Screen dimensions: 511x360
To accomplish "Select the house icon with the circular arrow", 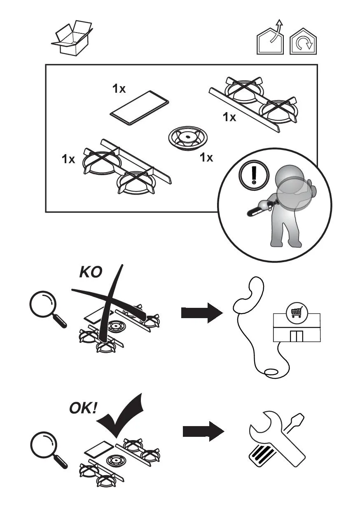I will click(x=303, y=42).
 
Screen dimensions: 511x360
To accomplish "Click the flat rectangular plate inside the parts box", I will click(x=140, y=107).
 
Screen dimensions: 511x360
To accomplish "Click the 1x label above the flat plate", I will click(x=119, y=88).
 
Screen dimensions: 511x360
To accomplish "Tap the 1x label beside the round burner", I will click(x=206, y=157).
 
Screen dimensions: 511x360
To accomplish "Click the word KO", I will click(x=90, y=272).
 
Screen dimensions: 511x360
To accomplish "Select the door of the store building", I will click(x=296, y=336).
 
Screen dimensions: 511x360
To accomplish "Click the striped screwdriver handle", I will click(x=260, y=456).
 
